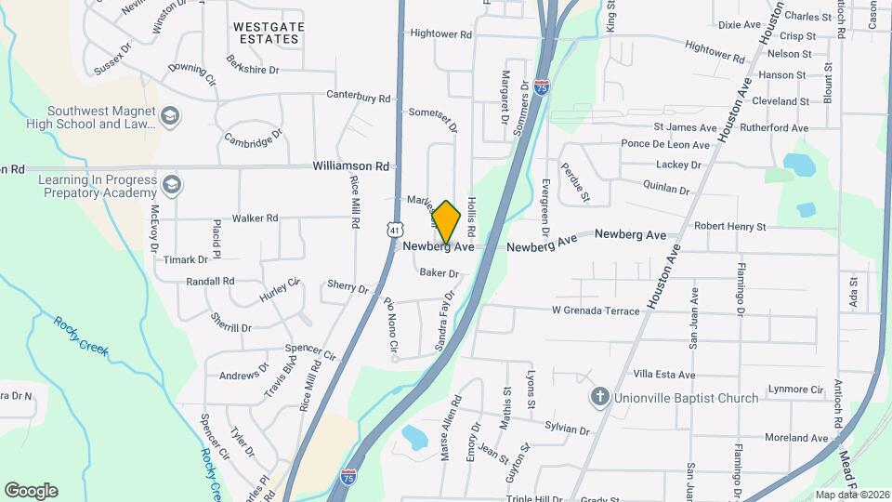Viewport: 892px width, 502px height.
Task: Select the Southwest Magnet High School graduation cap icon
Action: [169, 116]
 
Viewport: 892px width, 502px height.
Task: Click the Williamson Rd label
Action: [350, 165]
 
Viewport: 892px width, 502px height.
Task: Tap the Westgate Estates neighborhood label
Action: [266, 33]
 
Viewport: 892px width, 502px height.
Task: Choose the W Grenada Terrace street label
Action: [596, 310]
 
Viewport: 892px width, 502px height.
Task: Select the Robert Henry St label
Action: [729, 226]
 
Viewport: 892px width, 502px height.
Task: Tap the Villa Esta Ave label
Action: [663, 375]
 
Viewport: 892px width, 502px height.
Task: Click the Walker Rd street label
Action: [255, 218]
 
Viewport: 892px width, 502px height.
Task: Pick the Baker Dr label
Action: [439, 273]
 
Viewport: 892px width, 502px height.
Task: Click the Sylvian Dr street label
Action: [567, 430]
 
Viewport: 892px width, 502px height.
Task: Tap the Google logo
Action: [31, 490]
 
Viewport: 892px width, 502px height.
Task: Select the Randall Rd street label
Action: [210, 281]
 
